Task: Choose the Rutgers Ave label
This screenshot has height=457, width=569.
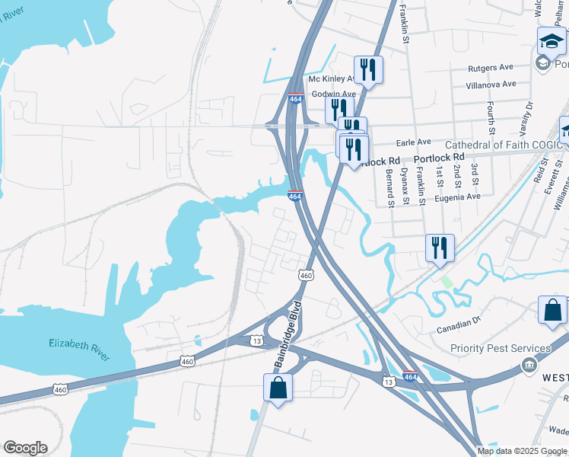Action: tap(491, 68)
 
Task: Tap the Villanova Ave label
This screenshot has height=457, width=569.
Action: tap(491, 84)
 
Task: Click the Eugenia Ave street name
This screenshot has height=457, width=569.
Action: tap(458, 196)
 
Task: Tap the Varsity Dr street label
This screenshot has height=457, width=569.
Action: tap(529, 115)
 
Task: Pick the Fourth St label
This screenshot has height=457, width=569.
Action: tap(492, 115)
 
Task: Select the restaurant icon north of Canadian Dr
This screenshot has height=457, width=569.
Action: tap(440, 248)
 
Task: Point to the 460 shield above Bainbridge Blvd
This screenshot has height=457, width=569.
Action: tap(306, 275)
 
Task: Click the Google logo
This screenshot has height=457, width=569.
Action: tap(25, 448)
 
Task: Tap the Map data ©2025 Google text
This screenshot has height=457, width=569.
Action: tap(523, 451)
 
